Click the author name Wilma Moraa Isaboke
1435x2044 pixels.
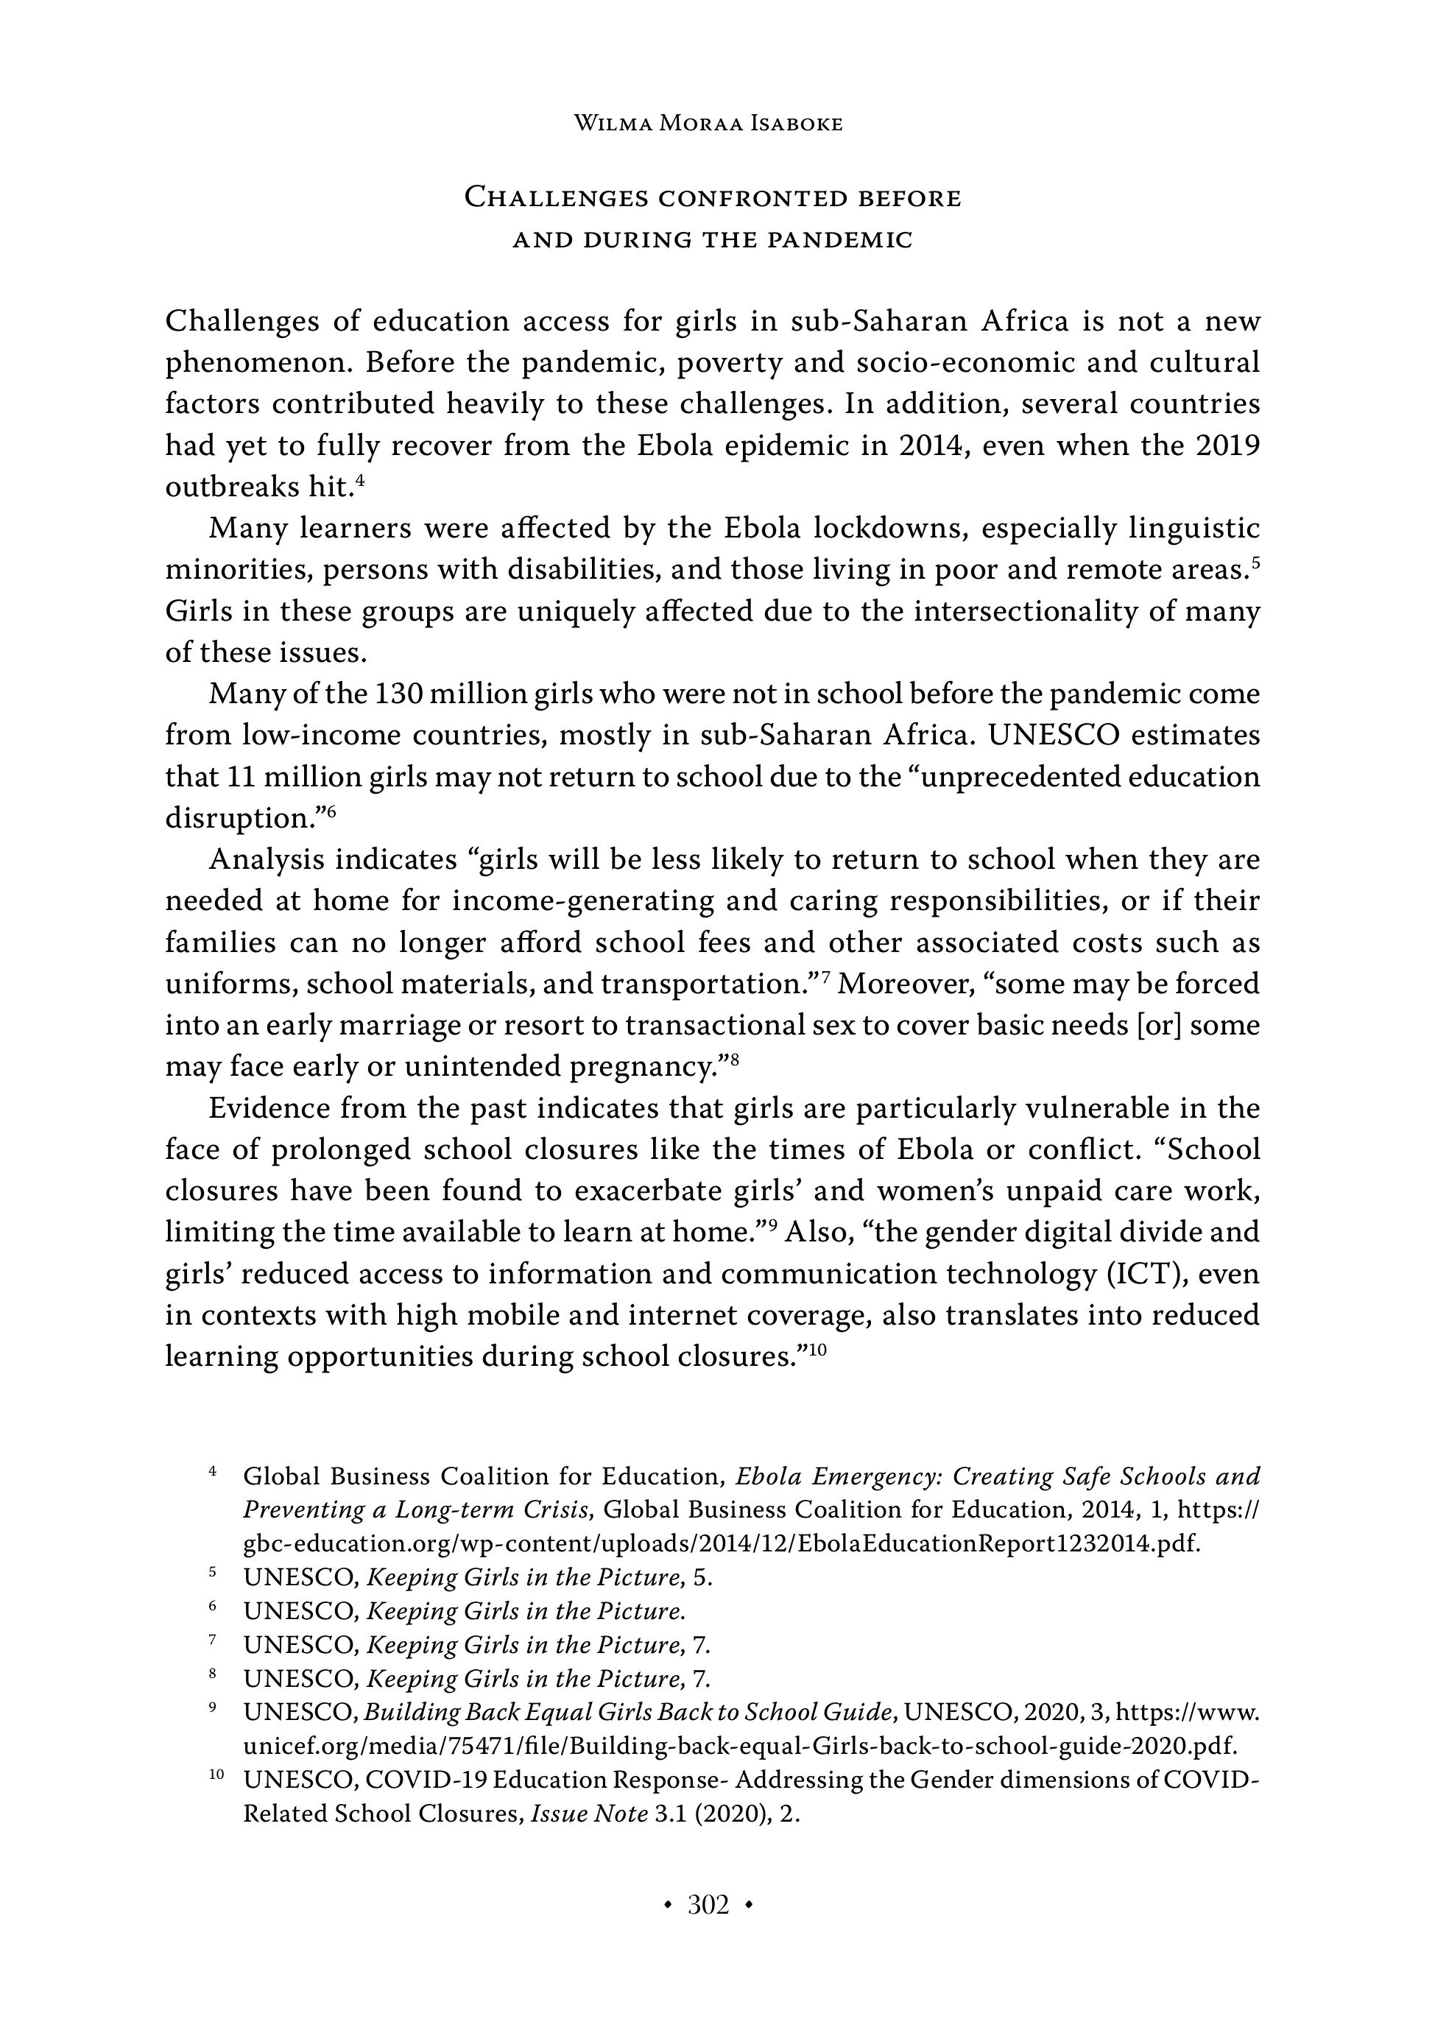708,124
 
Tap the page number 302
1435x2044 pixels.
708,1904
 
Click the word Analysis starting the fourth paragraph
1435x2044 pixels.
264,860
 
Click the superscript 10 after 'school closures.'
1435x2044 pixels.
818,1350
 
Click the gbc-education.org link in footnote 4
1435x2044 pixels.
721,1544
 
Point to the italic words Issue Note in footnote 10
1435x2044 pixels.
588,1814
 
